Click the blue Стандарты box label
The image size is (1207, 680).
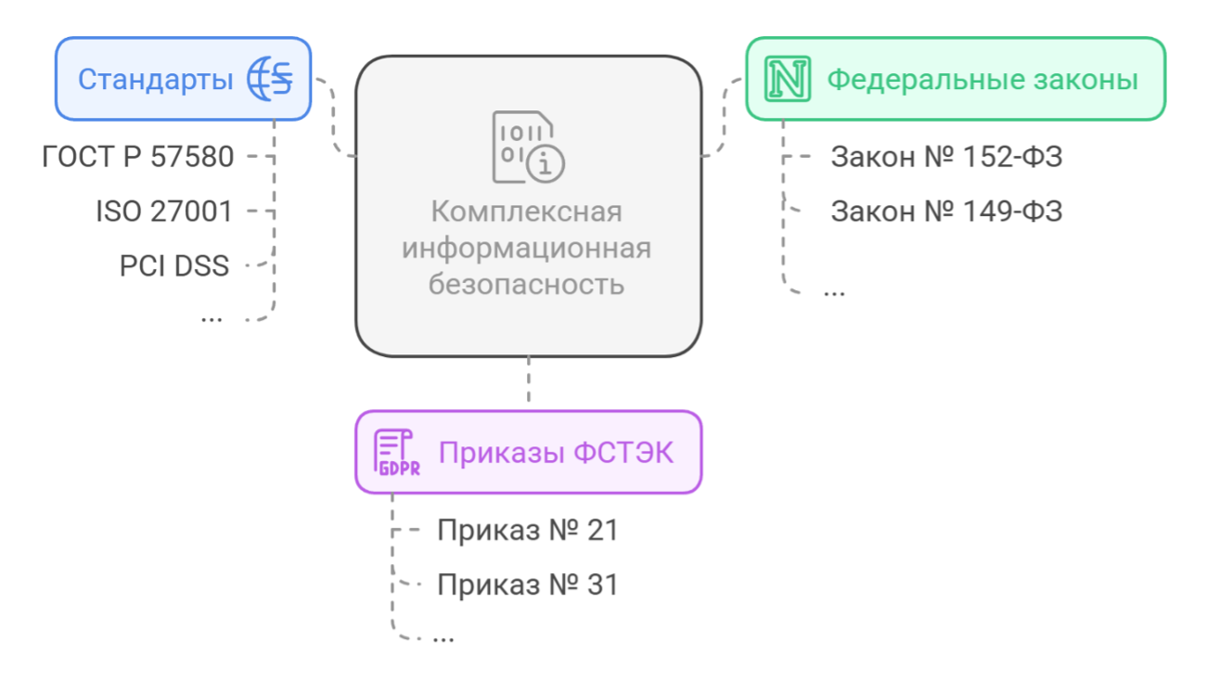coord(155,80)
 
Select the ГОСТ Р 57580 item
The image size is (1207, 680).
coord(138,157)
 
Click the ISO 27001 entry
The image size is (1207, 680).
coord(164,212)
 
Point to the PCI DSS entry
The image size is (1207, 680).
coord(174,266)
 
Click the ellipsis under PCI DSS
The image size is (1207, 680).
coord(212,316)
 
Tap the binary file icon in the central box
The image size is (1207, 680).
coord(527,147)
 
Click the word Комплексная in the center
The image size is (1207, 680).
coord(526,212)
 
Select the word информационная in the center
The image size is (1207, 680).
coord(526,248)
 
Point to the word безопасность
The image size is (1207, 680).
coord(526,284)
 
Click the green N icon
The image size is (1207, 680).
coord(787,79)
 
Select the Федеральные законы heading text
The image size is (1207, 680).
coord(982,80)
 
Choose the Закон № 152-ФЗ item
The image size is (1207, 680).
coord(946,157)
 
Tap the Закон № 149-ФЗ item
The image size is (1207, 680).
coord(946,212)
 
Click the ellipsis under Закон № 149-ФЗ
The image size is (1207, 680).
coord(835,291)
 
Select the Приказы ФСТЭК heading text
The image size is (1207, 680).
coord(556,453)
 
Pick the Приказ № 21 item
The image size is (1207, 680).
coord(527,530)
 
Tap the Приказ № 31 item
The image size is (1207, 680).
coord(527,584)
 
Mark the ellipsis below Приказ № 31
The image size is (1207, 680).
coord(443,637)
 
